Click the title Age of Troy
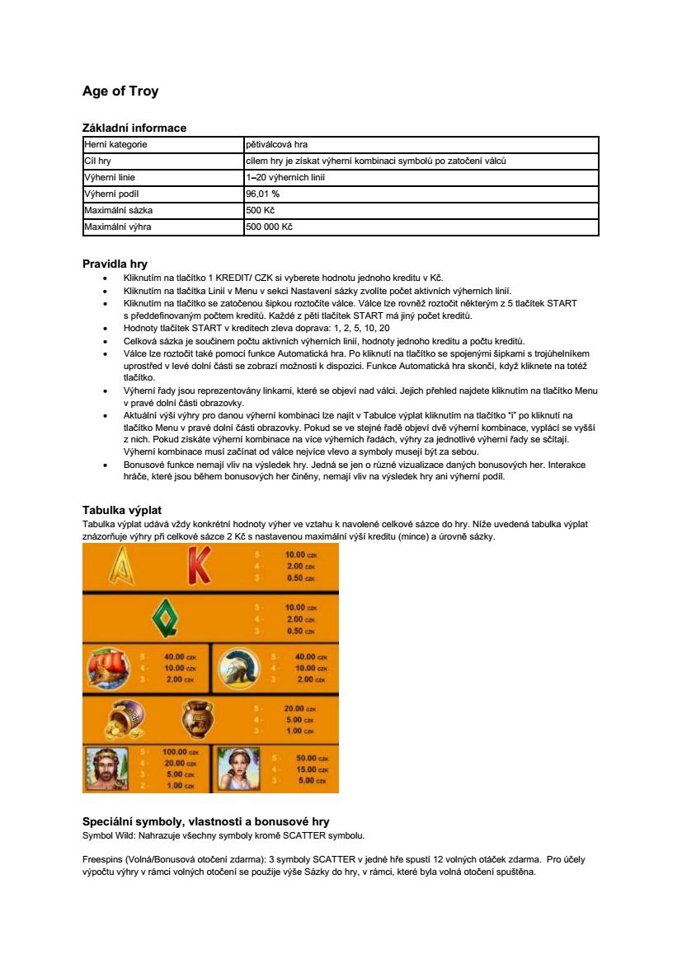(x=120, y=91)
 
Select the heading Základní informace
(x=134, y=128)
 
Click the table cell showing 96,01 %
(x=263, y=194)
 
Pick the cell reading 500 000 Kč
(x=269, y=227)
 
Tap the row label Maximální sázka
(x=113, y=210)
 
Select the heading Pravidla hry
(x=115, y=264)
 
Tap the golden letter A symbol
(x=121, y=567)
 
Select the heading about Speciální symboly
(x=205, y=821)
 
